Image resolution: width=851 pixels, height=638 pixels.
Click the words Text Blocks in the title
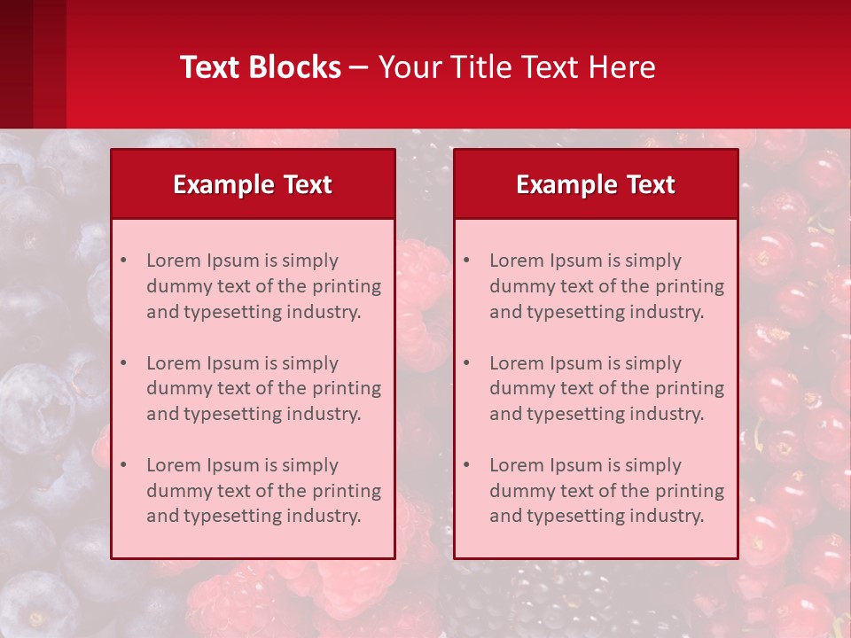261,67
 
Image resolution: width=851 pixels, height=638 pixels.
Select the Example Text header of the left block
253,184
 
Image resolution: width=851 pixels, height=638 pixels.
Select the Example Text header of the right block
596,184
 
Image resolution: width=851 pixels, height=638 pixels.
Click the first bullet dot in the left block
123,261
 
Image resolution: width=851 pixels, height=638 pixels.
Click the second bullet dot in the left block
123,363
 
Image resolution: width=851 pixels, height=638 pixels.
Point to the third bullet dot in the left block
123,465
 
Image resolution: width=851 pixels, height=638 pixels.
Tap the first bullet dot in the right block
466,261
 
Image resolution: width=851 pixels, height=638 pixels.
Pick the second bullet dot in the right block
466,363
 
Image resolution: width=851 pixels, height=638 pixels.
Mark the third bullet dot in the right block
466,465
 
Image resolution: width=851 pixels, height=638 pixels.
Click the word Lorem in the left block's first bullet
173,261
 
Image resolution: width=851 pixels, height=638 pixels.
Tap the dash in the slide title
359,67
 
